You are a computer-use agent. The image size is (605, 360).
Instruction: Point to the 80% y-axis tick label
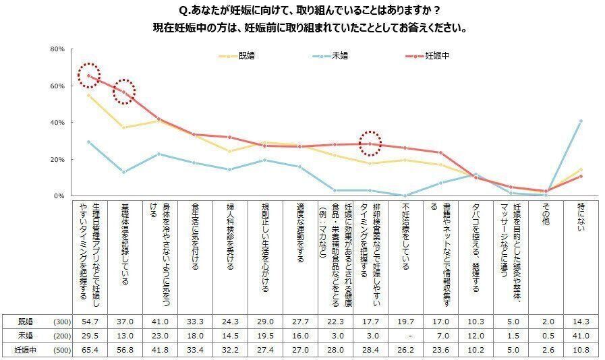click(57, 50)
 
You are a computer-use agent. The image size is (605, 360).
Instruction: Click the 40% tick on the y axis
click(57, 123)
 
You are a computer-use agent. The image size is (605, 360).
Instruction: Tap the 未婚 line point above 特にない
click(581, 121)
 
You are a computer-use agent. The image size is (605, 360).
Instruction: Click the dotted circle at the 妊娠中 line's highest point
click(88, 76)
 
